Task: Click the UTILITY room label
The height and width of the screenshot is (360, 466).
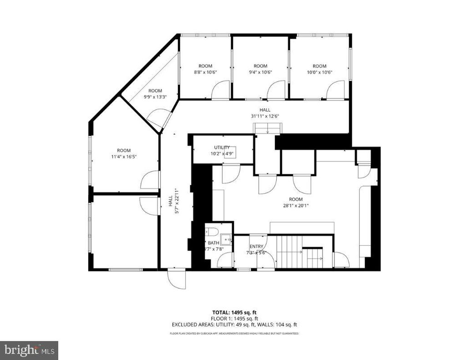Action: (222, 147)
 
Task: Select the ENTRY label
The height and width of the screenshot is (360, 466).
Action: (256, 247)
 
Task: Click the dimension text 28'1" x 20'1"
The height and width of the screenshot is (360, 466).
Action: (296, 205)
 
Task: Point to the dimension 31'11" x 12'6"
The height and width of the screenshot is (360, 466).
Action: (265, 116)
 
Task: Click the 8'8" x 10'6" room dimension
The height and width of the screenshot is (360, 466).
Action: (203, 72)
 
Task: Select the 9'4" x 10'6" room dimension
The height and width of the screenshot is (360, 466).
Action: (260, 72)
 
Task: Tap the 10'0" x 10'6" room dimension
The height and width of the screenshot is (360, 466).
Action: (319, 72)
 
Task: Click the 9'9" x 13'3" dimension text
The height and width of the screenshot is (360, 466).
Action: (155, 96)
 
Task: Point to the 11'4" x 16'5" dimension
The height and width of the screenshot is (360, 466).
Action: (123, 157)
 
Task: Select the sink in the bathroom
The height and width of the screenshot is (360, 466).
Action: (225, 238)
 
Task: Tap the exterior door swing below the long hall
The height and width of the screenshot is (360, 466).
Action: (177, 279)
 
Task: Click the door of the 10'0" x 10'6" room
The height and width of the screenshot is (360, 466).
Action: (335, 90)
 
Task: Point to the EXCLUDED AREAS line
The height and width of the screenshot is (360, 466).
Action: (234, 325)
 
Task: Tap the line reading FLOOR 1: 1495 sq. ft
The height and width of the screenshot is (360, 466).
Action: (234, 319)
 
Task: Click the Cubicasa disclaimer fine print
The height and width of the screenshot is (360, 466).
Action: (234, 334)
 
